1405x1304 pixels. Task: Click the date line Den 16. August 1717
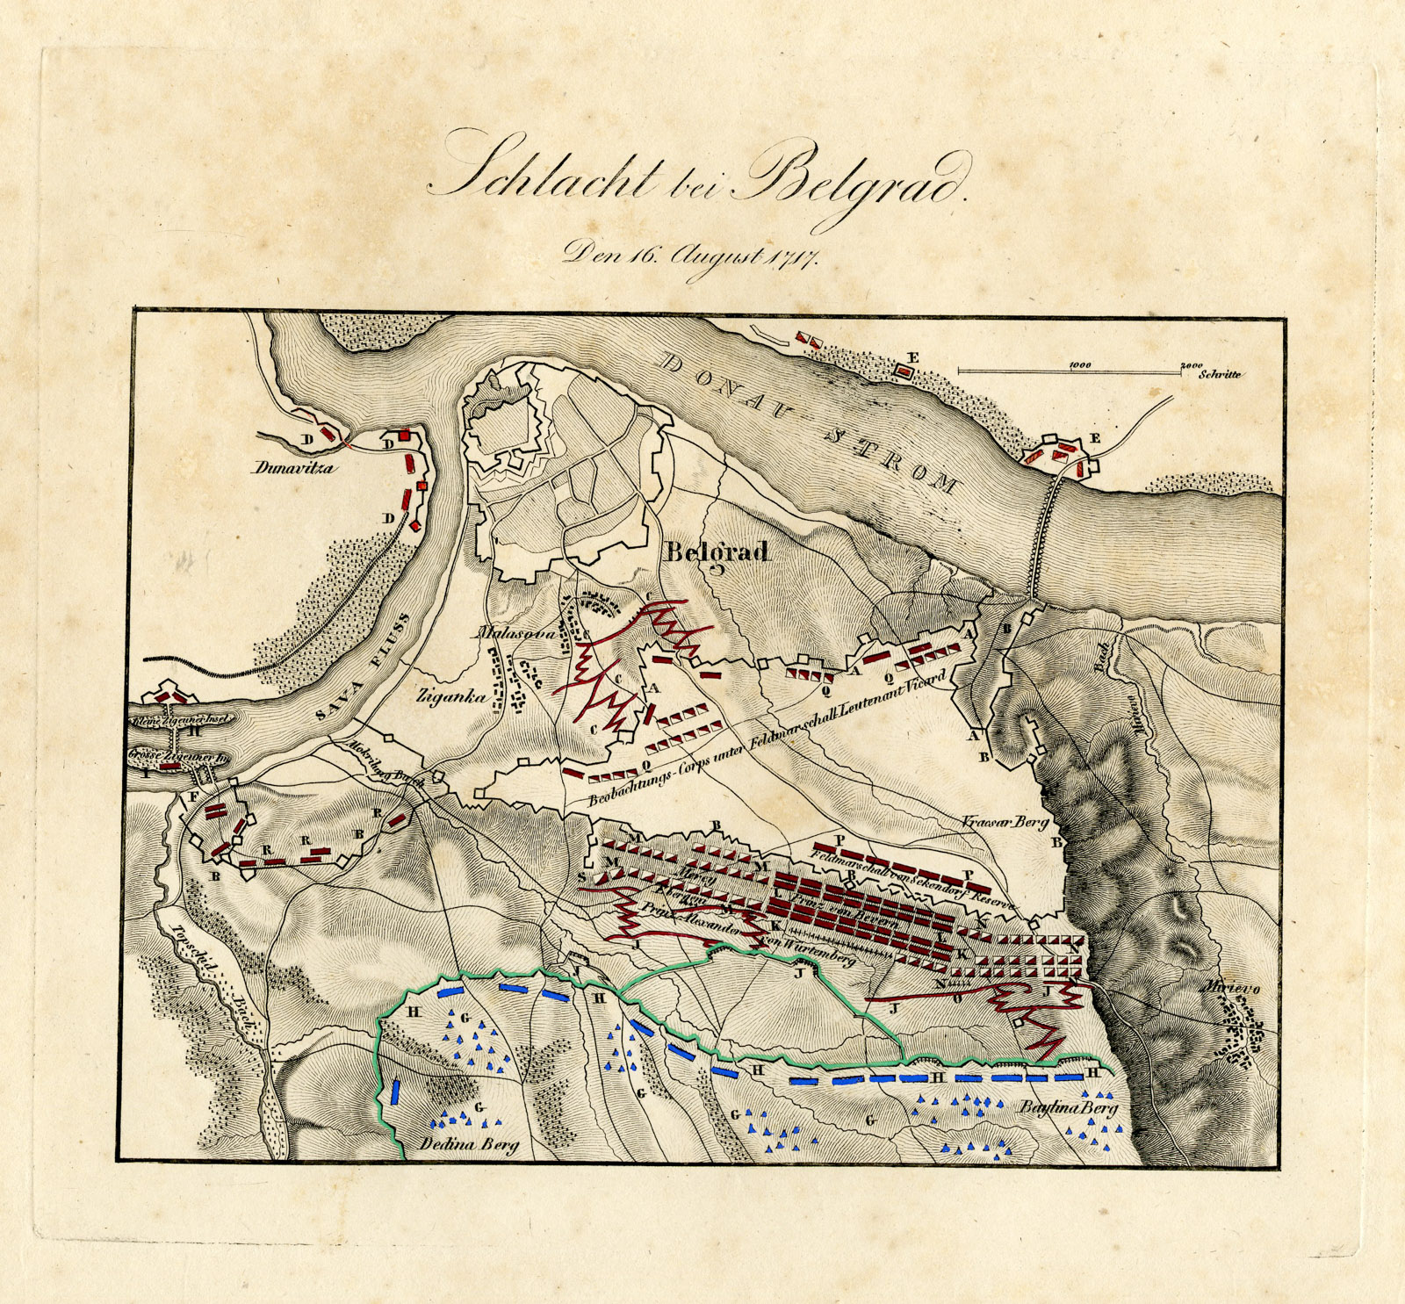coord(690,256)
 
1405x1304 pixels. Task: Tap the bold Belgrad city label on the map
coord(717,552)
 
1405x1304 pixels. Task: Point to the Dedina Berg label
coord(469,1144)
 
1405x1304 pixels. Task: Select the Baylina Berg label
coord(1068,1109)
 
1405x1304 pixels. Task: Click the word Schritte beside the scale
coord(1220,374)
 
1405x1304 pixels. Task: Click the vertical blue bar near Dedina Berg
coord(396,1094)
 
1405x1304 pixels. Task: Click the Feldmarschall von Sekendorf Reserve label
coord(913,875)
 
